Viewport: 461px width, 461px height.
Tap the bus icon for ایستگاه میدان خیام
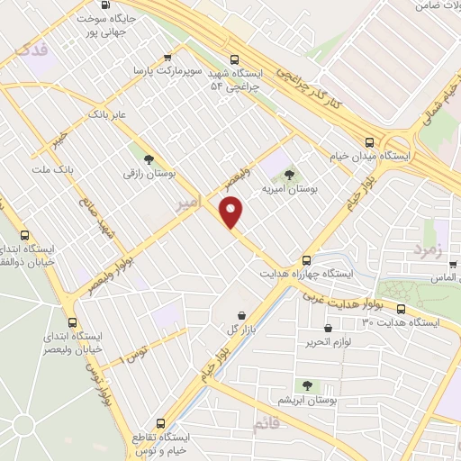tap(369, 141)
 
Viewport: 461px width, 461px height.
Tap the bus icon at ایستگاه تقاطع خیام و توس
tap(161, 422)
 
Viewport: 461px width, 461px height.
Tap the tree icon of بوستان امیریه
tap(287, 175)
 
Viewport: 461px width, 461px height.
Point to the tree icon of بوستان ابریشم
tap(307, 385)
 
